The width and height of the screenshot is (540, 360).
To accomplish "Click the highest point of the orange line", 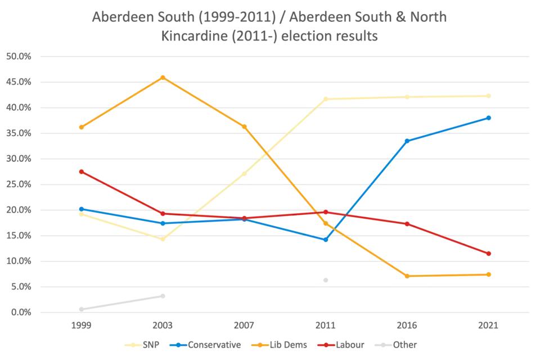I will coord(163,76).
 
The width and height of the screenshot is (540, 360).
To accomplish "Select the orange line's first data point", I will coord(82,127).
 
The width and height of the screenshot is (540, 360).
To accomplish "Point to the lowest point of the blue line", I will coord(325,239).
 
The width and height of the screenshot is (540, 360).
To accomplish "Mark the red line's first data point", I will coord(82,171).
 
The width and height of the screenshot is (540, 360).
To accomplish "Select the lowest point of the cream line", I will coord(163,240).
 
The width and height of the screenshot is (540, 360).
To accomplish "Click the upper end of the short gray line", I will coord(163,296).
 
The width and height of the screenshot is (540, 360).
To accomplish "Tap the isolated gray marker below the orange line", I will coord(324,278).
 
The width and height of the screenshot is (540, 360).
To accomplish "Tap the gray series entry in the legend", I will coord(400,345).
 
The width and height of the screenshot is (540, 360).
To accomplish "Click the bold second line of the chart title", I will coord(269,37).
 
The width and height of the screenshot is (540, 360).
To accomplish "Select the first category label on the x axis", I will coord(82,326).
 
